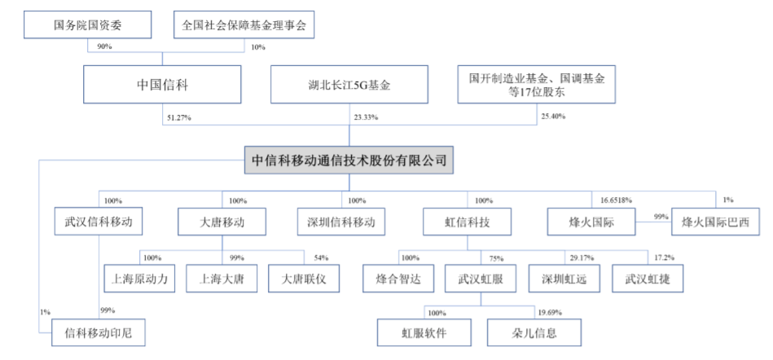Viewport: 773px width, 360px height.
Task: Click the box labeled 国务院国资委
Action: pos(87,25)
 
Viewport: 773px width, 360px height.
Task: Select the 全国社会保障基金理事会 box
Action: pos(244,25)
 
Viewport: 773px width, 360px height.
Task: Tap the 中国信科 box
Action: pos(162,85)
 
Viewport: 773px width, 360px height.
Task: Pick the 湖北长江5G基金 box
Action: pos(349,85)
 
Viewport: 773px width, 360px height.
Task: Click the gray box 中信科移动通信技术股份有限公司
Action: pos(349,160)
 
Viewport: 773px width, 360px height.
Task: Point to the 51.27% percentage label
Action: pos(179,117)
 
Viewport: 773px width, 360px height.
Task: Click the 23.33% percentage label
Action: pos(366,117)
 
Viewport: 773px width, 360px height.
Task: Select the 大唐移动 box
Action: pos(222,222)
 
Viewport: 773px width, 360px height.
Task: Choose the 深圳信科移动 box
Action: pos(341,222)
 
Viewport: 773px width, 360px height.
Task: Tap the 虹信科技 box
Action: pos(468,222)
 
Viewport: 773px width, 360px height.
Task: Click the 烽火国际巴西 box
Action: pos(716,222)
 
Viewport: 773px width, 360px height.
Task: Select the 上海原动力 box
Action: pos(139,279)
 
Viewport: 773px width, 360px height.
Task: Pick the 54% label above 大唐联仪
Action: pos(320,258)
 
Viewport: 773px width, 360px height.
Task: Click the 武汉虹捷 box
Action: pos(647,279)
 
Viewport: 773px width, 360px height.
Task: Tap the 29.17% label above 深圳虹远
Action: pos(582,258)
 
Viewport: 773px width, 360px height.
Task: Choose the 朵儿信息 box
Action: pos(534,332)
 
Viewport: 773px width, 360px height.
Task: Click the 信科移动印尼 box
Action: pos(99,332)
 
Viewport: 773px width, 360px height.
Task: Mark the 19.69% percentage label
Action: pos(549,313)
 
